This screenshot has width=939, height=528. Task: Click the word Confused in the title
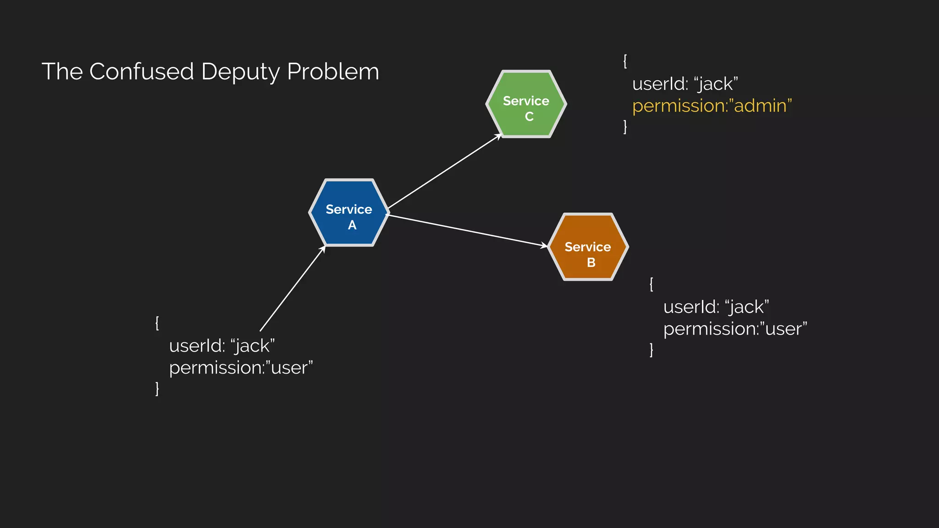pos(141,71)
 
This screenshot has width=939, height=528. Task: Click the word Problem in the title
pos(333,71)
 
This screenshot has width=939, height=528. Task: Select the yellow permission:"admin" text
pos(712,106)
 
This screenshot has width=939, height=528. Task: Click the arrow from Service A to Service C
pos(445,171)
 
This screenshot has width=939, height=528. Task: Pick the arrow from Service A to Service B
pos(468,230)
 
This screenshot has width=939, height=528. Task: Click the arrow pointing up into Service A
pos(293,289)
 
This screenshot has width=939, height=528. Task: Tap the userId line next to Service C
pos(685,84)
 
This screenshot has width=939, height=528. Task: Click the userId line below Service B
pos(716,307)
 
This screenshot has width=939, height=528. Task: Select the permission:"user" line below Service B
pos(735,329)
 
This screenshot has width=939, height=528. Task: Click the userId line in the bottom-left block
pos(221,346)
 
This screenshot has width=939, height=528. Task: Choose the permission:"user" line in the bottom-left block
pos(241,368)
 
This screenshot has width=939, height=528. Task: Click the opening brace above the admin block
pos(625,61)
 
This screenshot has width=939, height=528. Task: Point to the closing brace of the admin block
pos(625,126)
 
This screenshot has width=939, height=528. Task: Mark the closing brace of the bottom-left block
pos(157,388)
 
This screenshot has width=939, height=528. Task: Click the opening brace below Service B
pos(651,284)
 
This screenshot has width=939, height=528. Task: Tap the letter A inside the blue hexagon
pos(352,225)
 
